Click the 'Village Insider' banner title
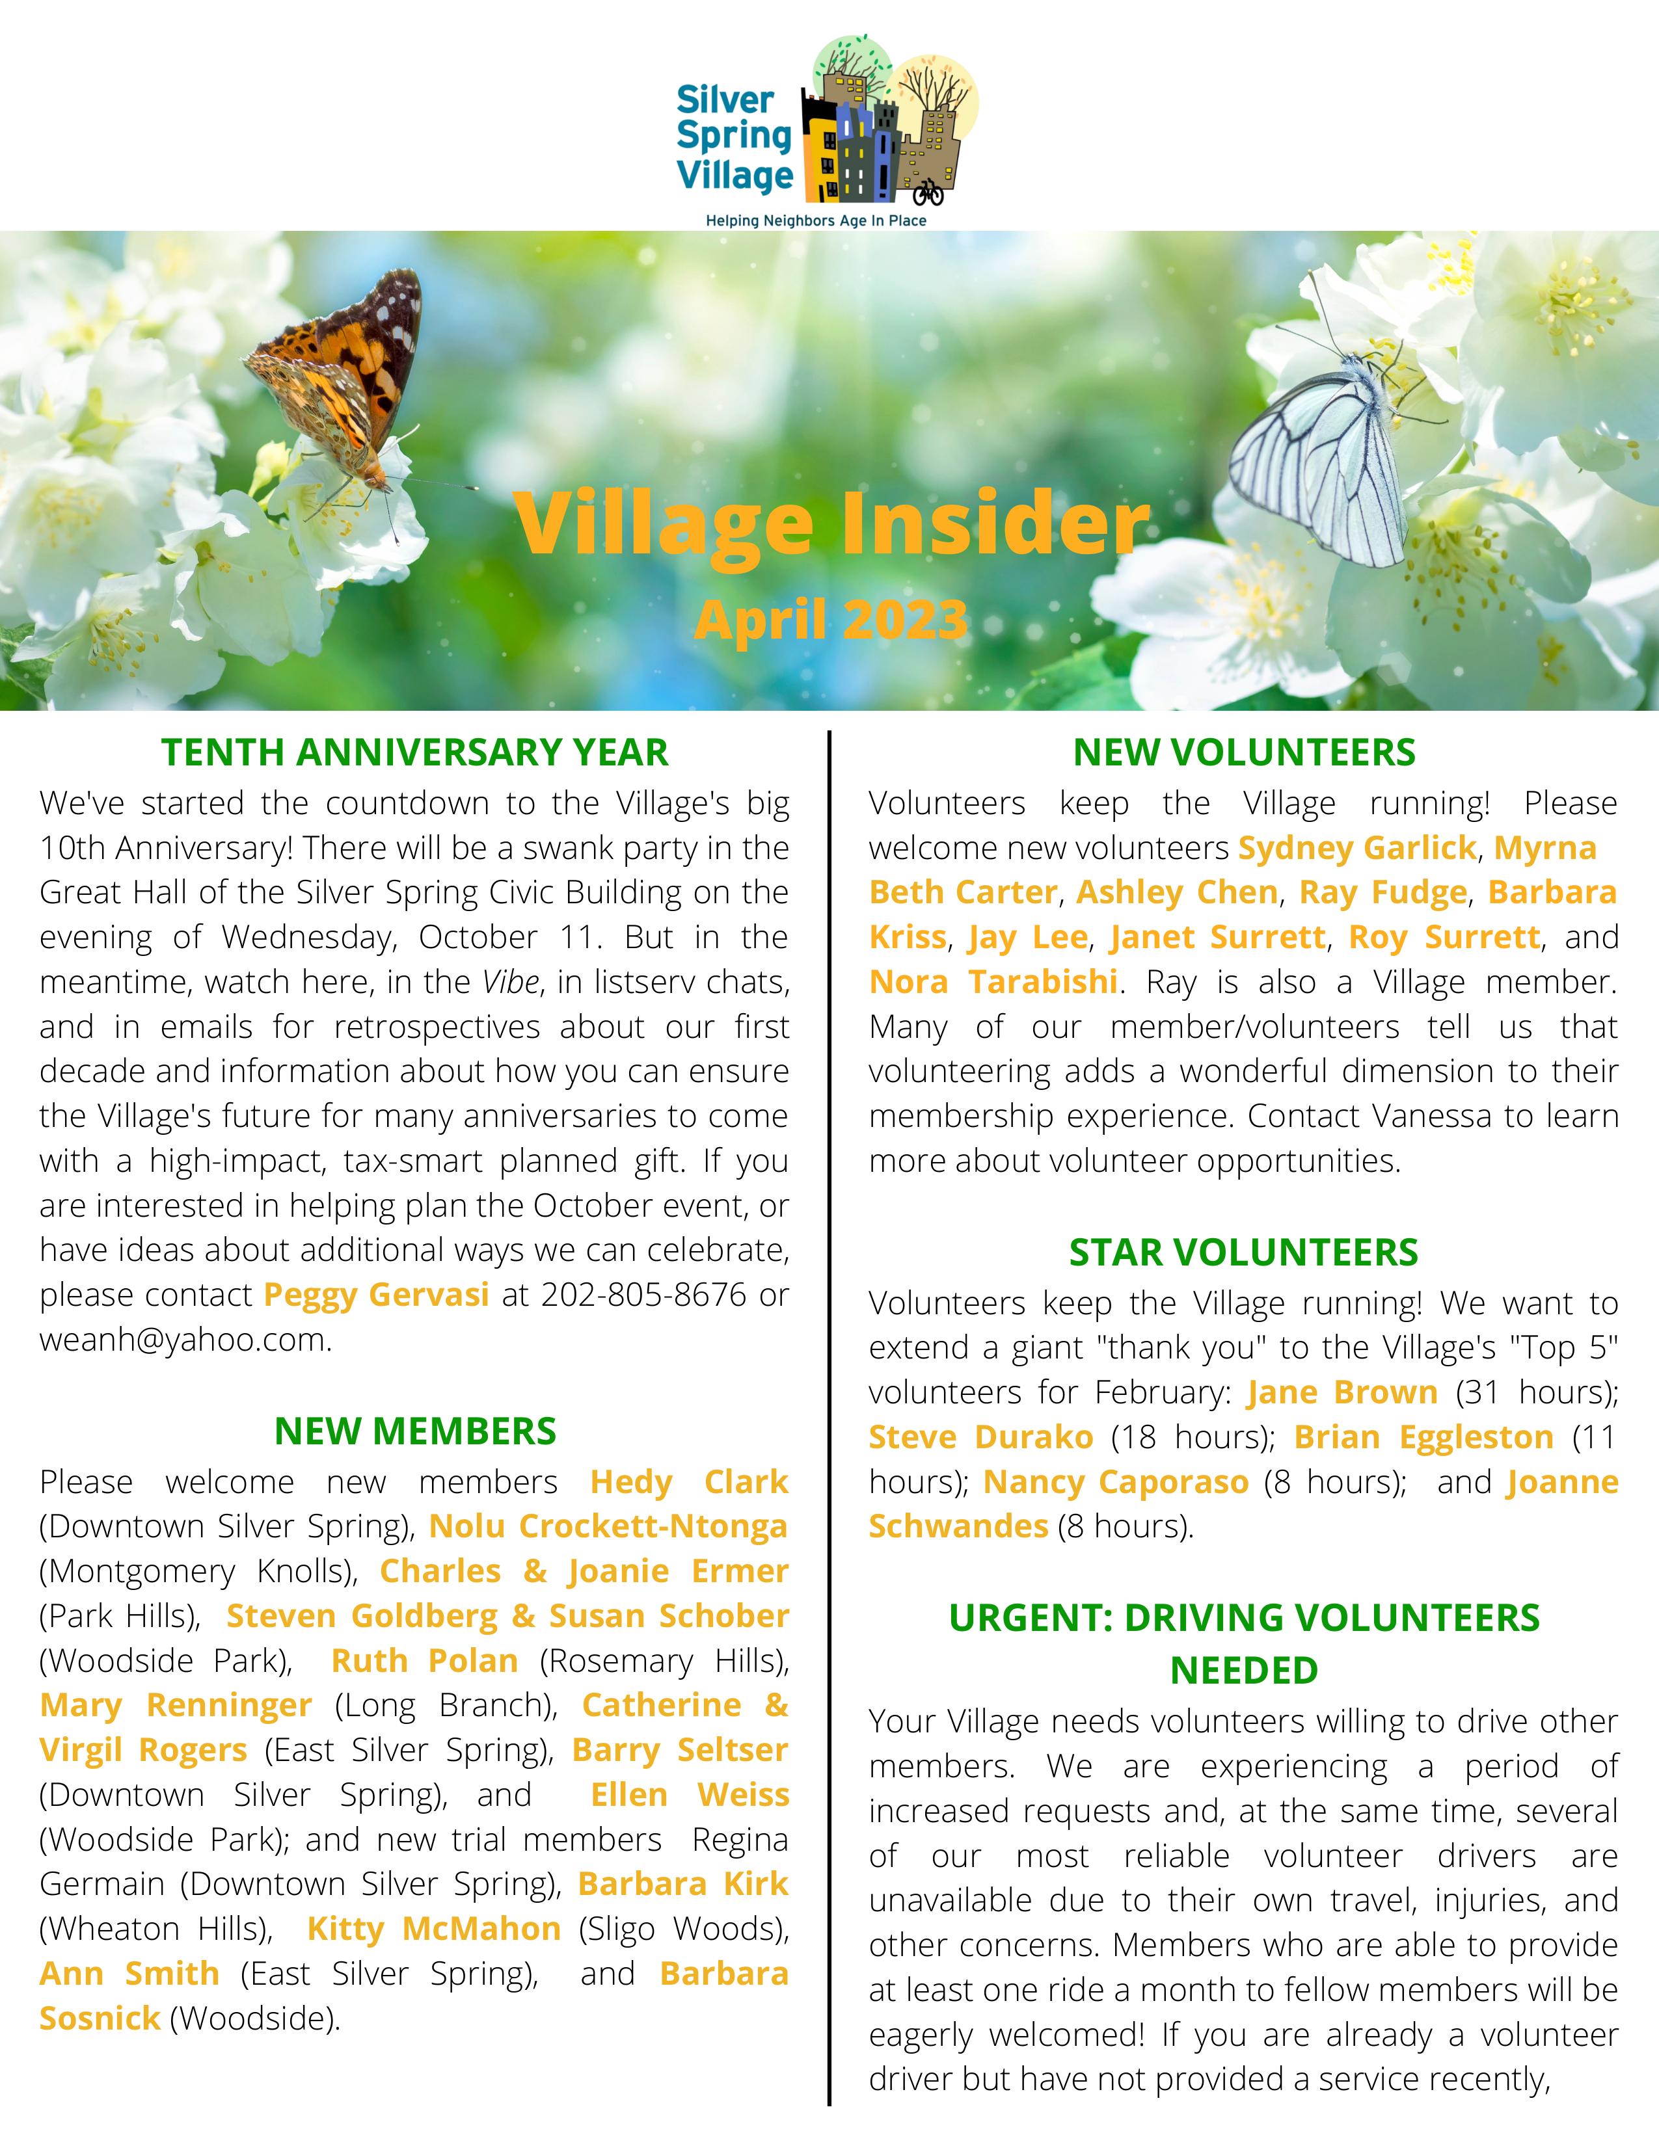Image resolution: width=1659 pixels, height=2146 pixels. [x=831, y=523]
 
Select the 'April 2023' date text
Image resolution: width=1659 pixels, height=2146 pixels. [x=831, y=620]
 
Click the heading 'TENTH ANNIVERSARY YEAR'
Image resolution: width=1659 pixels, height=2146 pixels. [x=415, y=752]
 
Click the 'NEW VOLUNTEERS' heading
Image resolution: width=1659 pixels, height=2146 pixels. [x=1243, y=752]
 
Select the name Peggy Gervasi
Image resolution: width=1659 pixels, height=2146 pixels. [x=377, y=1295]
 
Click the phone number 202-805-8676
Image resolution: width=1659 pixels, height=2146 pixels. [x=643, y=1295]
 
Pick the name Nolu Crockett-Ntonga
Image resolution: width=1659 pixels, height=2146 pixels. [x=608, y=1527]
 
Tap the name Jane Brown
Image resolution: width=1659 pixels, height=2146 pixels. [x=1342, y=1392]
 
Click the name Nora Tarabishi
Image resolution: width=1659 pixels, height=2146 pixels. [x=993, y=981]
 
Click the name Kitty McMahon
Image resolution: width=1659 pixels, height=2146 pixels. [x=433, y=1929]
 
